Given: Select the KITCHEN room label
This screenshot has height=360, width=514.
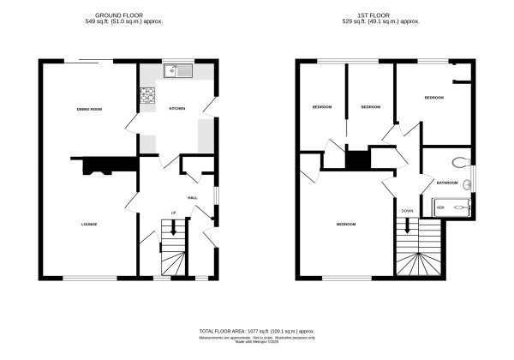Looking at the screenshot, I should (x=177, y=109).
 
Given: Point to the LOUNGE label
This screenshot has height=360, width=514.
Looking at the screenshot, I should (x=89, y=225).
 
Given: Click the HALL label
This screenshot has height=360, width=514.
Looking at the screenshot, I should (x=193, y=198).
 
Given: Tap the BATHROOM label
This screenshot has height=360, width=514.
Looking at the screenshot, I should (x=447, y=183).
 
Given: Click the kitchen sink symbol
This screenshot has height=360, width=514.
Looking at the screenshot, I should (x=180, y=70).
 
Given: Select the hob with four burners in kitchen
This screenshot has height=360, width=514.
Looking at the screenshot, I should (x=149, y=94).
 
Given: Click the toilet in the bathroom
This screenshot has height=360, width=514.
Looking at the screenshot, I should (x=461, y=160).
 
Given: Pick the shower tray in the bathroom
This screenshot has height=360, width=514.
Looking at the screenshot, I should (x=454, y=205).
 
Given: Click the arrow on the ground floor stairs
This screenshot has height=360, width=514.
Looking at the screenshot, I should (x=174, y=228).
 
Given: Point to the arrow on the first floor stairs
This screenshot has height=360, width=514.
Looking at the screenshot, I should (x=408, y=227).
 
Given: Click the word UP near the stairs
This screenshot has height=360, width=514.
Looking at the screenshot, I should (x=174, y=212).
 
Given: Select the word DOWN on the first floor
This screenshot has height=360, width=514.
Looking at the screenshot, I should (x=407, y=210).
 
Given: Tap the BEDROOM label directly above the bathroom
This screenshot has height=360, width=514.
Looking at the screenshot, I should (x=434, y=99).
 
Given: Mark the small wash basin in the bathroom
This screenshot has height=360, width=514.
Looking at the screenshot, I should (x=467, y=183).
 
